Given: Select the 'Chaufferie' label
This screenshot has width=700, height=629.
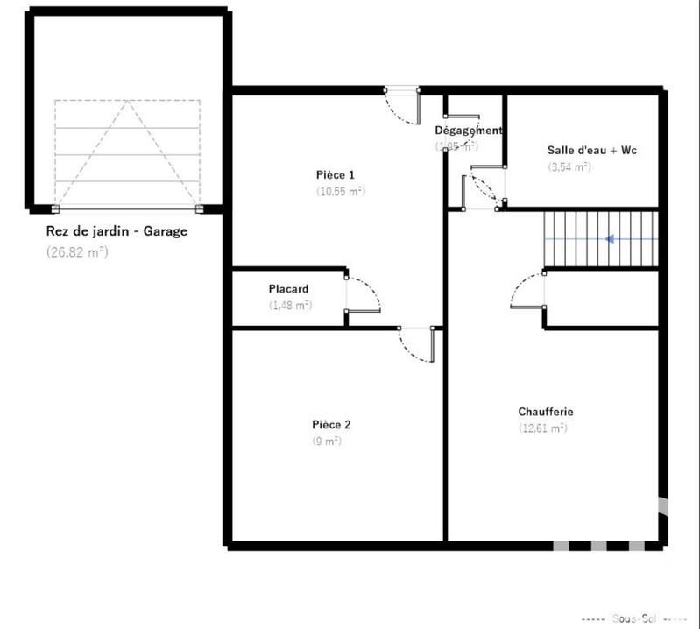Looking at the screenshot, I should (545, 411).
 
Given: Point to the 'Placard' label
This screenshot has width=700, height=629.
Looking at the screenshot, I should (288, 289).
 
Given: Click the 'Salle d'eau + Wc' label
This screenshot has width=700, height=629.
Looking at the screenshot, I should (591, 150).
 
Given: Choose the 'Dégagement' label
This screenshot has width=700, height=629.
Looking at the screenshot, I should (469, 131).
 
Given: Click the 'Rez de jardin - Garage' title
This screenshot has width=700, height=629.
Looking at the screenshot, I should (117, 232).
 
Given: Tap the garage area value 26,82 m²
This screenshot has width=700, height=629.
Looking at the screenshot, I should (76, 251).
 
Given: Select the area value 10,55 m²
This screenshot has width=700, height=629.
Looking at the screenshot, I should (340, 191).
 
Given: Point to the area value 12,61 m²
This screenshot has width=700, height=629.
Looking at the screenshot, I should (542, 428).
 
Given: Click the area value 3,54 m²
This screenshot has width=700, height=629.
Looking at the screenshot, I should (569, 166).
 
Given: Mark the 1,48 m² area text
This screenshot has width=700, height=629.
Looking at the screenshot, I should (291, 306).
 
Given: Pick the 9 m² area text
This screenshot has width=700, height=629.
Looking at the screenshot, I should (326, 442).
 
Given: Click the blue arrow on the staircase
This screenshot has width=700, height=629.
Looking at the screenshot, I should (620, 238).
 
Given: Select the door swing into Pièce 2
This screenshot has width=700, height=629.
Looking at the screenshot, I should (415, 347).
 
